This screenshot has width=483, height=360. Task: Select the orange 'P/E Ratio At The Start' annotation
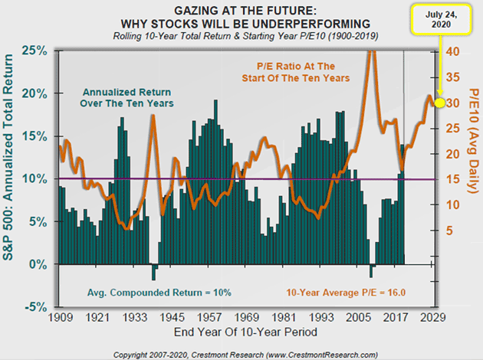point(294,70)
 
